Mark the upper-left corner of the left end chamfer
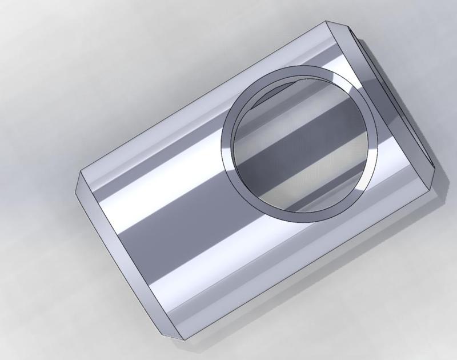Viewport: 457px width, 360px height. click(80, 171)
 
